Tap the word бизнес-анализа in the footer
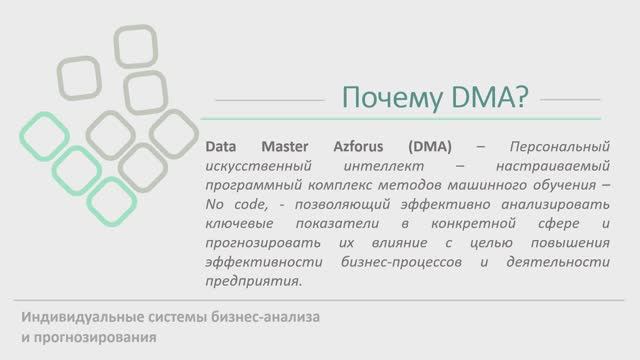266,319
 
